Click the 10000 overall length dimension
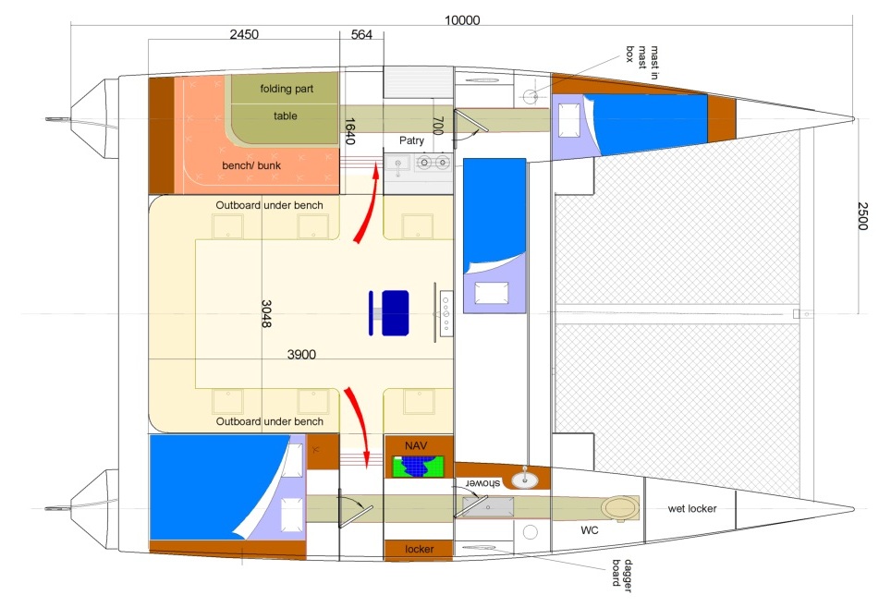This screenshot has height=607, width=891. point(462,20)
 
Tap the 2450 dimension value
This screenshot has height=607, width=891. point(244,34)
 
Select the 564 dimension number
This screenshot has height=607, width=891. point(361,34)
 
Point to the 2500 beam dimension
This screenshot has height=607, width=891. point(862,216)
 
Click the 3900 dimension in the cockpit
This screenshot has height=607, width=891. point(301,355)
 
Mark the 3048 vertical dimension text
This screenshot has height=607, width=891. point(266,313)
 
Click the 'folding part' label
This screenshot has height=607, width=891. point(287,89)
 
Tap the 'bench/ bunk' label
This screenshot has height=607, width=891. point(251,165)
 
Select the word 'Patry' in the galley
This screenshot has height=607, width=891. point(411,140)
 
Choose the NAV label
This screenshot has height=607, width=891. point(416,445)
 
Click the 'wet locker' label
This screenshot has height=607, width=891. point(692,509)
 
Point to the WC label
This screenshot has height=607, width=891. point(590,530)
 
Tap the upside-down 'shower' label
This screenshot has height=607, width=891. point(483,483)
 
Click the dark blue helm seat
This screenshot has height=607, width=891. point(395,313)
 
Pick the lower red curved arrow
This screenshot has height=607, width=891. point(358,426)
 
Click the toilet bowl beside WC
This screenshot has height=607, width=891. point(621,507)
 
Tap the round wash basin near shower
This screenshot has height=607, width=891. point(524,480)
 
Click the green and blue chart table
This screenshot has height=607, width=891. point(418,467)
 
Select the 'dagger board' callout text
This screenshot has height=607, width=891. point(622,576)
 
